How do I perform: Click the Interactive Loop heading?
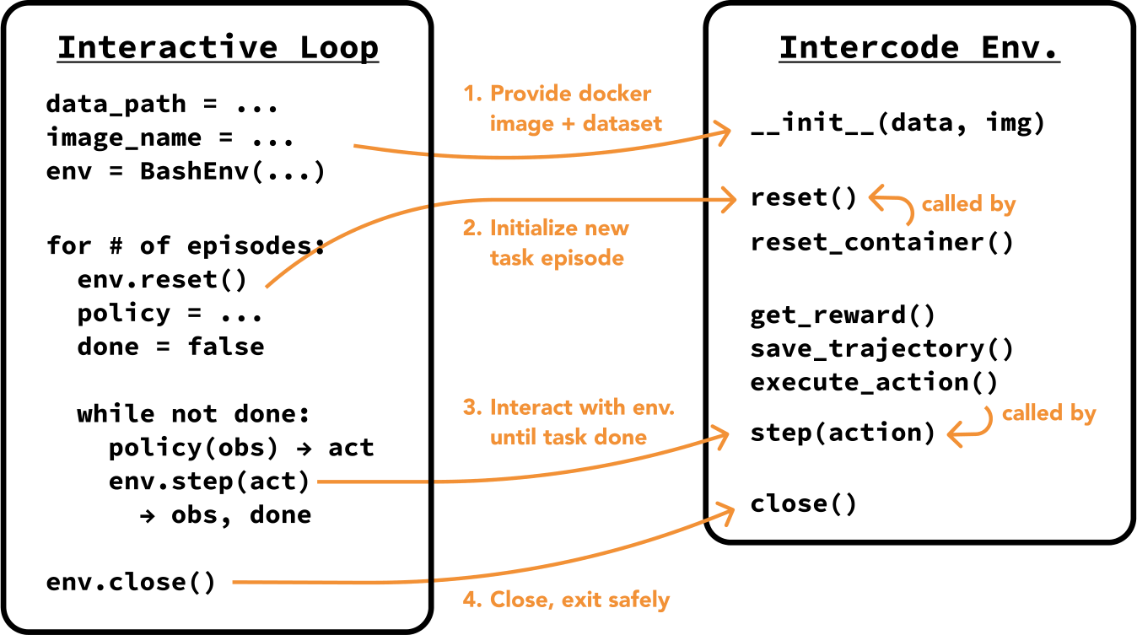(218, 48)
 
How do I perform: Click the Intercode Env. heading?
(919, 48)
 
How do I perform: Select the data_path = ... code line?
(162, 105)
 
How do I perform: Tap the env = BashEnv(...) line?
(186, 172)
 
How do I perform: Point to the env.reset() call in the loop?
(162, 279)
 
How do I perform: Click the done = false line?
(170, 347)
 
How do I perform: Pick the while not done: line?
(194, 414)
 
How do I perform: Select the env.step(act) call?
(209, 482)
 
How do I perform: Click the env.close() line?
(131, 582)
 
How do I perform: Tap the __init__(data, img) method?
(897, 124)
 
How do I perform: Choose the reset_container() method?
(881, 243)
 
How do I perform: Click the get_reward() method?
(843, 315)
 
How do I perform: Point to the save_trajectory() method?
(881, 348)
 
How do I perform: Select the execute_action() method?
(874, 382)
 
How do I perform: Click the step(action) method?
(843, 433)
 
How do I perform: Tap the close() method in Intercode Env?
(803, 504)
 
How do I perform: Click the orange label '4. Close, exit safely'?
(566, 600)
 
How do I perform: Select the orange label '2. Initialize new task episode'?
(558, 243)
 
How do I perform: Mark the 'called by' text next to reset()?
(968, 204)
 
